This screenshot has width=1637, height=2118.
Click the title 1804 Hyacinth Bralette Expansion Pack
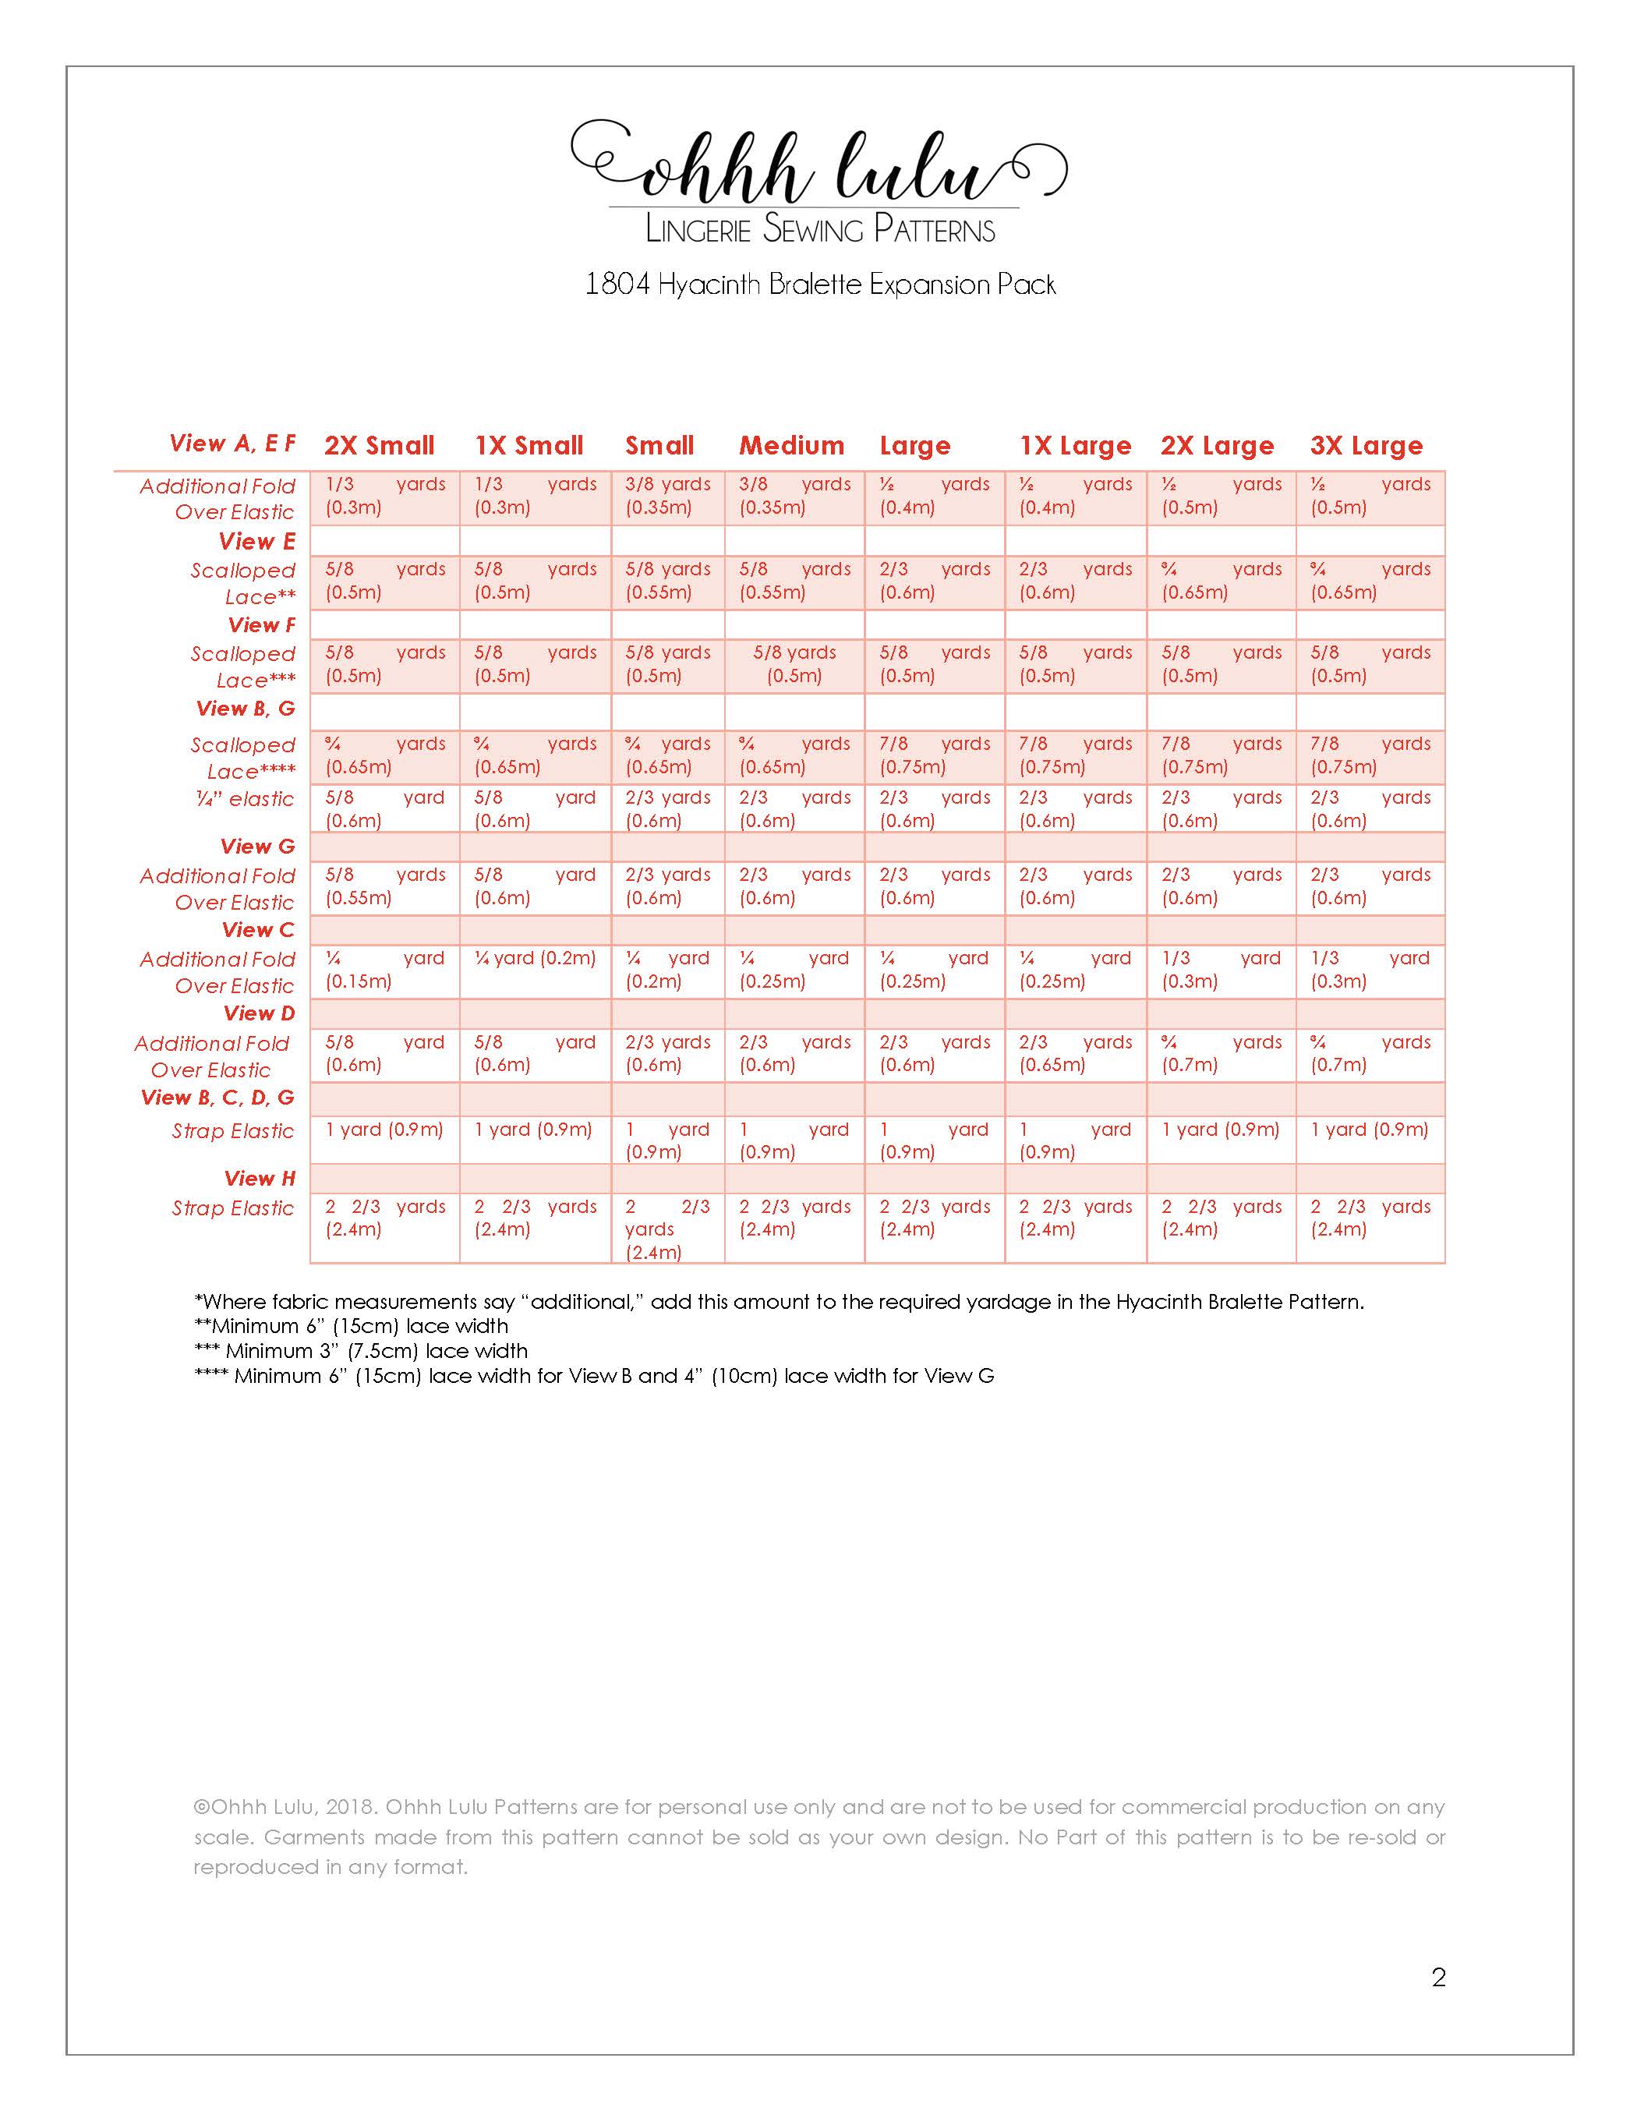tap(819, 285)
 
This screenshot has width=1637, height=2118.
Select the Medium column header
tap(791, 446)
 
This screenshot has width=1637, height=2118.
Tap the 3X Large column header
tap(1366, 446)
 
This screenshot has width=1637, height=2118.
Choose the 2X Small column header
tap(379, 446)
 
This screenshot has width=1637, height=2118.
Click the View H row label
tap(259, 1179)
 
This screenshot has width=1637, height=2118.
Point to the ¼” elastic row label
tap(245, 799)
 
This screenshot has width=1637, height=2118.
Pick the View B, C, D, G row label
tap(217, 1098)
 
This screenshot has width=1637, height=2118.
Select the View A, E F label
tap(233, 444)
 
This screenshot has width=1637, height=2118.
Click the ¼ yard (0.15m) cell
tap(384, 970)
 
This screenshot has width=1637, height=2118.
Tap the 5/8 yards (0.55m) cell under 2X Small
tap(384, 886)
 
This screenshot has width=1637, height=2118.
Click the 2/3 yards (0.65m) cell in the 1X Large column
tap(1074, 1054)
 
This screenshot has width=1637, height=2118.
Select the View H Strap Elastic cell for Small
tap(667, 1229)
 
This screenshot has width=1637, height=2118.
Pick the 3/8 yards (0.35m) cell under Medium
tap(794, 496)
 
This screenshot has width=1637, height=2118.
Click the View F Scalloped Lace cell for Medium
tap(794, 664)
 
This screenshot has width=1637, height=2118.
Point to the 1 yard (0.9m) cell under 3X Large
tap(1370, 1130)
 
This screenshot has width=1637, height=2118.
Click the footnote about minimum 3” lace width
tap(362, 1351)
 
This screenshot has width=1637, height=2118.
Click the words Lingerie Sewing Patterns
tap(819, 230)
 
